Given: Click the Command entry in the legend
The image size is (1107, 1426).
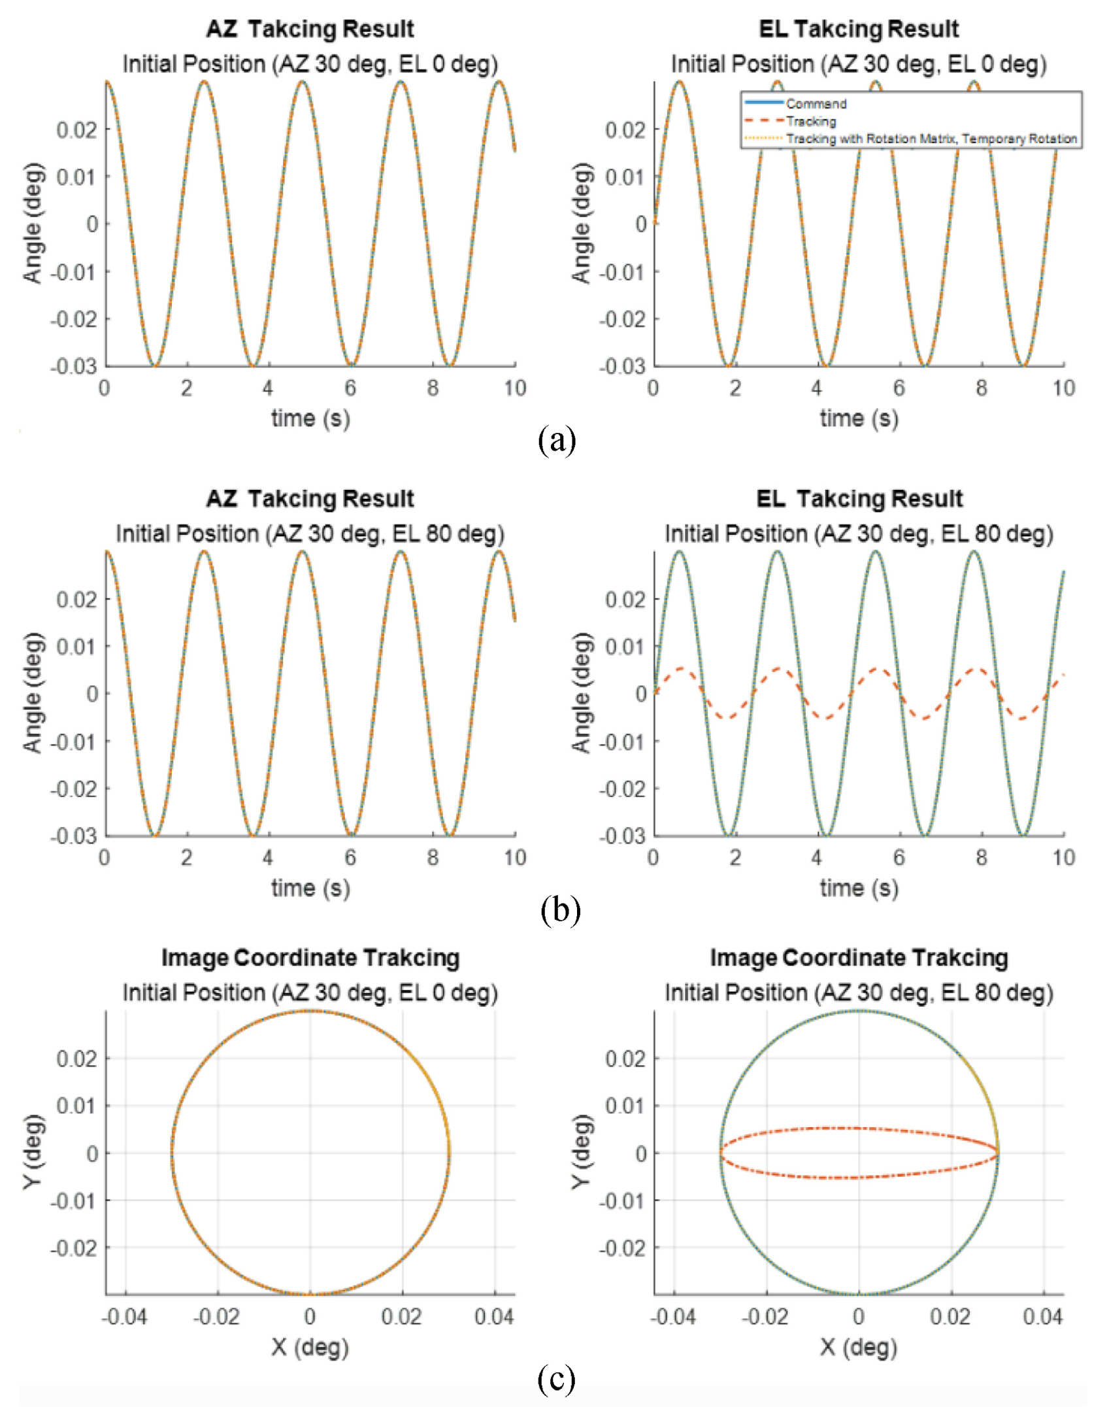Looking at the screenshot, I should pos(816,103).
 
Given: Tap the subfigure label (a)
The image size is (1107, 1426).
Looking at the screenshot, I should pos(557,441).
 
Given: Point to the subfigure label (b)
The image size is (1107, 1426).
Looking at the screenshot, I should pos(560,910).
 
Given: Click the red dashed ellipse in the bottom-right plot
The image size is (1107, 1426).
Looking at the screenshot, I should pos(859,1129).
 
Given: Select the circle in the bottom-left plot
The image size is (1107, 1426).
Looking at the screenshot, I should pos(171,1153).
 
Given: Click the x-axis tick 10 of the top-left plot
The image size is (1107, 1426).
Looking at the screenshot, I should pos(515,388).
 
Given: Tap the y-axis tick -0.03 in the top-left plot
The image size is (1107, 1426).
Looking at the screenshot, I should pos(73,366).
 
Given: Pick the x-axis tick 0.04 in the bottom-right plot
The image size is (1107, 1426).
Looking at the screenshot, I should pos(1043,1316).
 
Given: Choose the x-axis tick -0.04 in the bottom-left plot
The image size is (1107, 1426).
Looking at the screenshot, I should pos(124,1316).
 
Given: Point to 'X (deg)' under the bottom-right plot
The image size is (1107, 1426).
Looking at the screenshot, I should pos(859,1347).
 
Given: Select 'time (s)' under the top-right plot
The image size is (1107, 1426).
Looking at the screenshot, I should pos(859,418).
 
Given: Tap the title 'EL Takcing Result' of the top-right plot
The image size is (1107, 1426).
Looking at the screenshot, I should pos(859,29).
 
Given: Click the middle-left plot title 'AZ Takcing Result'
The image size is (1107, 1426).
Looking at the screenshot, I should pos(310,499).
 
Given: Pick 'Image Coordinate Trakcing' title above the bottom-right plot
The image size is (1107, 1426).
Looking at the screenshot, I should pos(859,958).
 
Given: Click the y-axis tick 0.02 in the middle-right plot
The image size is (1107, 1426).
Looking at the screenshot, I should pos(625,600).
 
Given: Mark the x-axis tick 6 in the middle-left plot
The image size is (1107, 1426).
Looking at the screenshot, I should pos(351,858).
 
